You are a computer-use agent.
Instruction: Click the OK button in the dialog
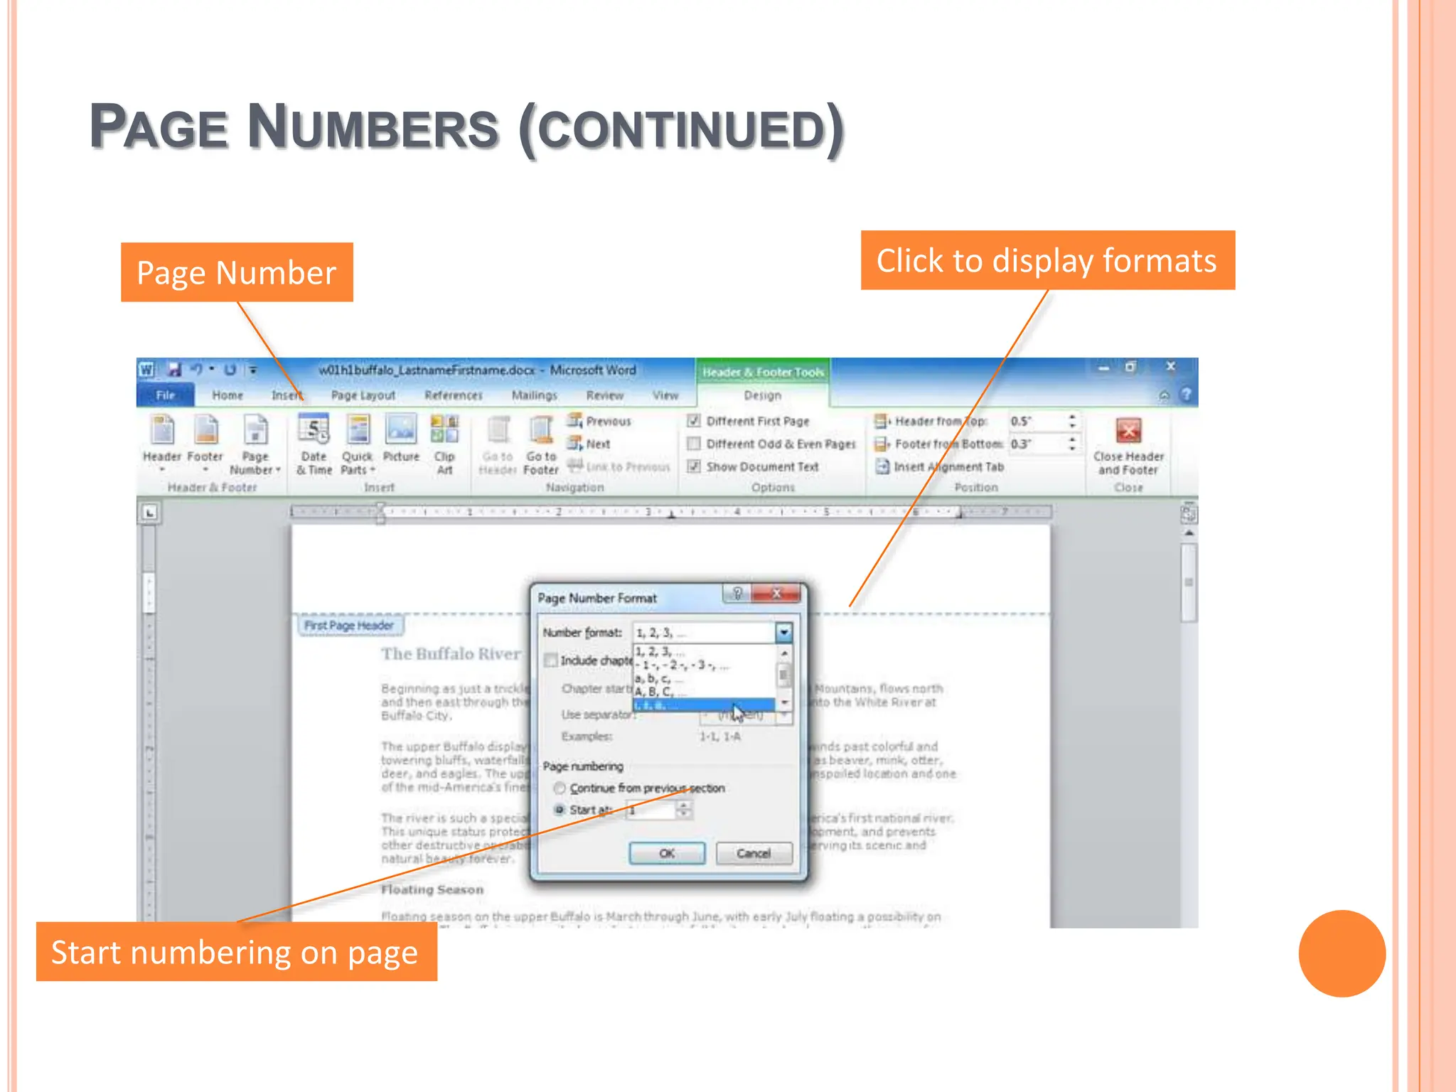[667, 853]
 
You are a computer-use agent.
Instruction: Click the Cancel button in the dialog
[754, 853]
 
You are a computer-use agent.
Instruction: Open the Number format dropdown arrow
[783, 632]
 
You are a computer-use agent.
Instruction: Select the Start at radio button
[560, 810]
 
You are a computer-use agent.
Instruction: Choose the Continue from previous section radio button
[560, 788]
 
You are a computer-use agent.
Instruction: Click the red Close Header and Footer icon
[1128, 431]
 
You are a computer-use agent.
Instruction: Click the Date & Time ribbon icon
[314, 431]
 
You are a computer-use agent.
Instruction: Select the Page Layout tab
[363, 395]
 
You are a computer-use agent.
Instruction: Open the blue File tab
[165, 395]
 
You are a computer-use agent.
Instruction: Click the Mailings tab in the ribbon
[534, 395]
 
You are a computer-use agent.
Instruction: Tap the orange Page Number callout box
[237, 272]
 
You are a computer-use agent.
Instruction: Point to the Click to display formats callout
[1047, 260]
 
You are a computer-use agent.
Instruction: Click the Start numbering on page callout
[236, 952]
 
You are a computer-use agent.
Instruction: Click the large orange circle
[1342, 953]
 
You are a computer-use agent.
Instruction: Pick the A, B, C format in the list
[654, 692]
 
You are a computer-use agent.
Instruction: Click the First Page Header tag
[349, 626]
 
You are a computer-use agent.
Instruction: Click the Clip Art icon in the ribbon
[444, 431]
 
